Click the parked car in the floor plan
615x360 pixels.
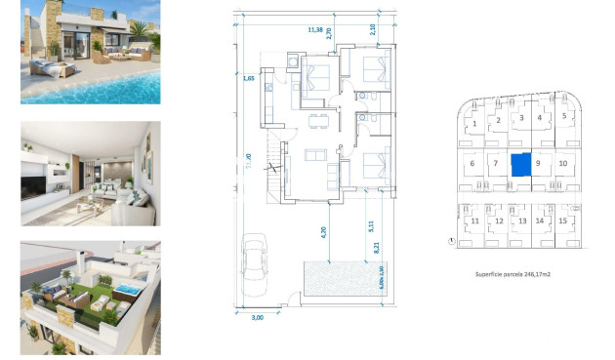click(255, 261)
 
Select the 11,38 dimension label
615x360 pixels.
click(314, 30)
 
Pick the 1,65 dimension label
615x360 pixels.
click(249, 76)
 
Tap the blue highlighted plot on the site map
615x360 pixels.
click(522, 164)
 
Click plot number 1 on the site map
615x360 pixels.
click(474, 124)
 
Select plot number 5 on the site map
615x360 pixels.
click(564, 115)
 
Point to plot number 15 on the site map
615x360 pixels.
click(562, 221)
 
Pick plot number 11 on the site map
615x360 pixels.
click(474, 221)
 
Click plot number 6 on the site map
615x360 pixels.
click(472, 163)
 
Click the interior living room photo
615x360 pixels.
click(90, 174)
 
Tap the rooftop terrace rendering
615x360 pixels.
click(90, 298)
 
